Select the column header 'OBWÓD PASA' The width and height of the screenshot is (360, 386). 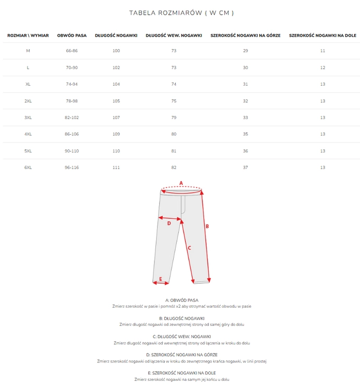72,36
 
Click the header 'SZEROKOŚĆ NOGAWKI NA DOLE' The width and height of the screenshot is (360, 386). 322,36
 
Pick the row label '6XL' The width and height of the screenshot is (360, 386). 28,168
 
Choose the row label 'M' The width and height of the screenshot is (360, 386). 28,51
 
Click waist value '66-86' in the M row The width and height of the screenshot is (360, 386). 72,51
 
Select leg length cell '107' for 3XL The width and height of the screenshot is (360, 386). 116,118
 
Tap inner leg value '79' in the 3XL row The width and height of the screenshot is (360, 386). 174,118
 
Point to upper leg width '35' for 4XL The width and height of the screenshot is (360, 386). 245,134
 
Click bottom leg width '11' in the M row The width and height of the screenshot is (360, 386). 322,51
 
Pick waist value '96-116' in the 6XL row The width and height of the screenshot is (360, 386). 72,168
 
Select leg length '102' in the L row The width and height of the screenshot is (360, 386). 116,67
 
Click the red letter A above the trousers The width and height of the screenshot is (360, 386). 181,183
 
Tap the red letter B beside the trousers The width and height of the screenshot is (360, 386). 207,226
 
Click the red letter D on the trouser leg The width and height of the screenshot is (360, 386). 169,223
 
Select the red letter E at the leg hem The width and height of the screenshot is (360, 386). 161,279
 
